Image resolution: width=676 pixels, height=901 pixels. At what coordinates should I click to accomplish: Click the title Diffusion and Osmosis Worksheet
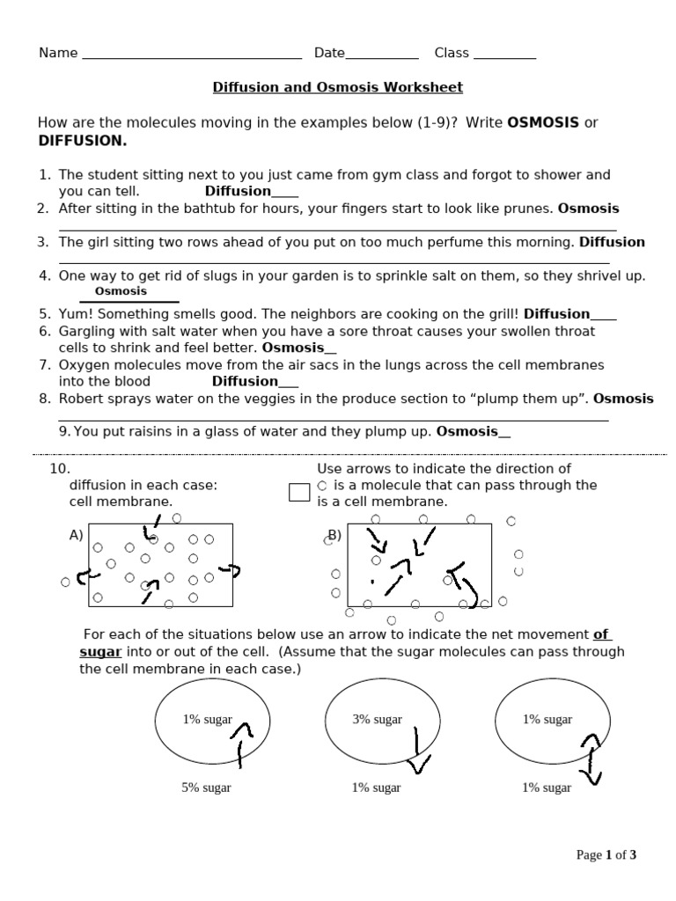[x=337, y=87]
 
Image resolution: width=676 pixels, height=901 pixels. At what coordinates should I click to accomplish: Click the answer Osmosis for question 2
[x=588, y=209]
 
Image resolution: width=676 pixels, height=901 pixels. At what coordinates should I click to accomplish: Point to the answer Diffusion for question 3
[x=611, y=242]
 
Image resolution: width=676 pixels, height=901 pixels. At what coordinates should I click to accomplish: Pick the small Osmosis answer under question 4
[x=121, y=291]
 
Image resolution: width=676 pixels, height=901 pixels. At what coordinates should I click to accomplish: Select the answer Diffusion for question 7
[x=246, y=381]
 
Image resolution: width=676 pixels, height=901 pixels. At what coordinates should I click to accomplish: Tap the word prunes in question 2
[x=530, y=209]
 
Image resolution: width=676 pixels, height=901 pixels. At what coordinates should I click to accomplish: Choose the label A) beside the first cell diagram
[x=77, y=535]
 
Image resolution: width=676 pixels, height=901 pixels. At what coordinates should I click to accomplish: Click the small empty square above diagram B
[x=299, y=492]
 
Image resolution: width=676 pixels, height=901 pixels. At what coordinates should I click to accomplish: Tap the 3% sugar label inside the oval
[x=377, y=719]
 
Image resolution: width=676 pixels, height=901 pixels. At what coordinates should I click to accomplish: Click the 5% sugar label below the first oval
[x=206, y=787]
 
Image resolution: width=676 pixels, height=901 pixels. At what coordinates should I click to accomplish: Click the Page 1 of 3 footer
[x=606, y=854]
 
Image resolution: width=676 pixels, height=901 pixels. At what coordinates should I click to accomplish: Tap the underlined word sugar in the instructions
[x=99, y=652]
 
